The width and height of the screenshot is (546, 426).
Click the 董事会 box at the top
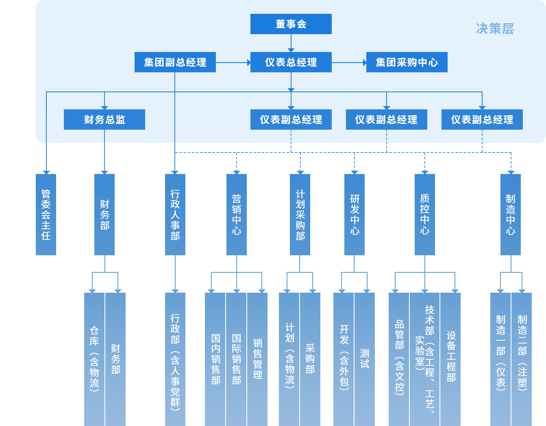click(x=291, y=24)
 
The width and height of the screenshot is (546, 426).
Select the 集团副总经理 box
click(x=175, y=62)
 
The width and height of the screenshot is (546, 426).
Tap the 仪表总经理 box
click(x=291, y=62)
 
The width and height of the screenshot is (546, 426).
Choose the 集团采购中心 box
click(x=407, y=62)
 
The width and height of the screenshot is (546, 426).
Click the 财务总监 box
click(x=104, y=120)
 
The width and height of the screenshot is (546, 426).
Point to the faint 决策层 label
click(x=495, y=29)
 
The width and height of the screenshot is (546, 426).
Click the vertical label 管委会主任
click(x=46, y=215)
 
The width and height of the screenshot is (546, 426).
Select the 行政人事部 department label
click(x=175, y=215)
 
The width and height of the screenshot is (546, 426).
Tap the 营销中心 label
click(x=236, y=215)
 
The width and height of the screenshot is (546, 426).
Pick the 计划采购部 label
click(x=300, y=215)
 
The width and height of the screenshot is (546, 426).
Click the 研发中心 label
click(x=355, y=215)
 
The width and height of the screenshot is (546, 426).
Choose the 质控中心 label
click(x=424, y=215)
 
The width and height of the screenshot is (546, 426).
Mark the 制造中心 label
click(x=510, y=215)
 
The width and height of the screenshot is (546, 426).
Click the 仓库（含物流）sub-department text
click(x=94, y=359)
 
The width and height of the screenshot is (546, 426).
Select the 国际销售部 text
click(x=236, y=359)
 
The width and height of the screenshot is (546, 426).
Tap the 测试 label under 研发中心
click(x=365, y=359)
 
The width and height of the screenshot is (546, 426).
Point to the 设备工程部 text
click(x=451, y=356)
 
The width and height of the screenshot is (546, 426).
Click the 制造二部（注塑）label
click(x=522, y=352)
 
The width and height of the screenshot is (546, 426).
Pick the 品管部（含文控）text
click(x=400, y=357)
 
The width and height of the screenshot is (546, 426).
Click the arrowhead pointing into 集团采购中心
click(x=365, y=62)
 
